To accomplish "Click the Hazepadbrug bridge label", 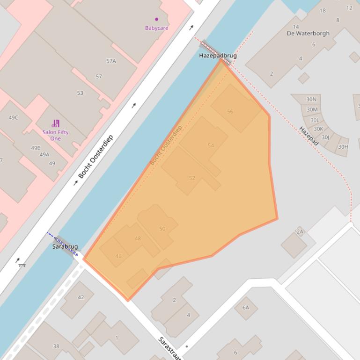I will point(218,55).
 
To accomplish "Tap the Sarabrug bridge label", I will point(65,246).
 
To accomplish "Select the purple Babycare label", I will point(156,28).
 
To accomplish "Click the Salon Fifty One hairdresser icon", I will point(56,123).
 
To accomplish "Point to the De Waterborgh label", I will point(308,33).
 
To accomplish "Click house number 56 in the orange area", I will point(230,112).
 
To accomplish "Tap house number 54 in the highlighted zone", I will point(211,145).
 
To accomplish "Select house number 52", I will point(192,178).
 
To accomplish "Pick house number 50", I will point(162,229).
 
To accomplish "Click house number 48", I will point(138,238).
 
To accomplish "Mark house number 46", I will point(118,256).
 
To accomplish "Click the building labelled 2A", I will point(300,231).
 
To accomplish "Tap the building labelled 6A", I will point(246,308).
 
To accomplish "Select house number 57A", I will point(111,61).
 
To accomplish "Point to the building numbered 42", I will point(81,297).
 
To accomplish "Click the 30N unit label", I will point(311,99).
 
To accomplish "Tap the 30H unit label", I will point(343,147).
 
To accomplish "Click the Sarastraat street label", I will point(169,348).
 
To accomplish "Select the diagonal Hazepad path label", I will point(309,136).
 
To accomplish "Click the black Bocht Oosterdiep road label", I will point(96,157).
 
